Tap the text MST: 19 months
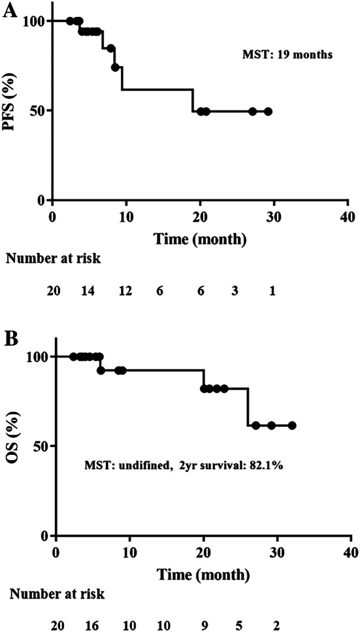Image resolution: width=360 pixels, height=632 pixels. (287, 56)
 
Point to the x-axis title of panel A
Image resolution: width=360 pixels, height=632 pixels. (201, 239)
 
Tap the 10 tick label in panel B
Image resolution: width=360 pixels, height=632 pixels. (130, 553)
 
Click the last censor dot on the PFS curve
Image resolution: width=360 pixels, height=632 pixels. (268, 111)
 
